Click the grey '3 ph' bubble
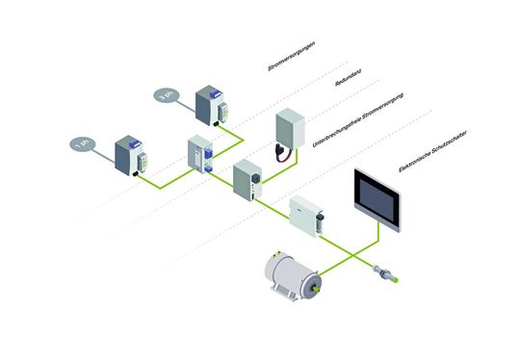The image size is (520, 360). click(x=163, y=94)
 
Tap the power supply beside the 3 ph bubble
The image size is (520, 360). click(x=211, y=105)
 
